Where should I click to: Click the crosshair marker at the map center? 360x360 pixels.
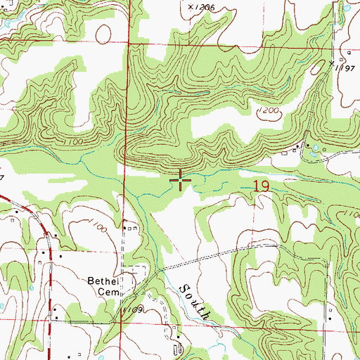click(181, 181)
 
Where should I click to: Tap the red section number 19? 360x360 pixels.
click(261, 186)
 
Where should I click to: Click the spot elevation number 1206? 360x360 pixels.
click(205, 6)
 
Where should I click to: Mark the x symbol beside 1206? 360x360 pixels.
click(191, 6)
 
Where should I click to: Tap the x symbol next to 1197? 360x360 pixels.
click(333, 63)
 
